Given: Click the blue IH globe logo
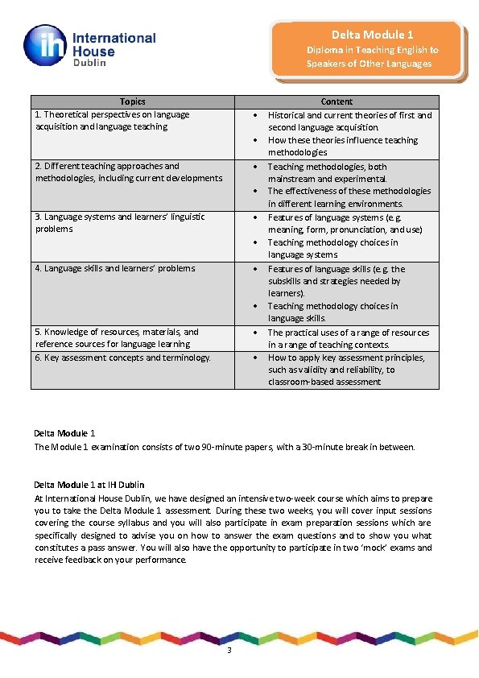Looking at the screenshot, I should click(x=46, y=45).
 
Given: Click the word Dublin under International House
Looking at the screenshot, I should click(x=90, y=64).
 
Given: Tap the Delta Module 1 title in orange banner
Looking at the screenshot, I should click(x=372, y=35).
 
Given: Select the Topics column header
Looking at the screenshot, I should click(x=133, y=101).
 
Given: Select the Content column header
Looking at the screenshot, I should click(x=337, y=101).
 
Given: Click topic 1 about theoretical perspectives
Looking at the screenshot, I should click(x=112, y=121).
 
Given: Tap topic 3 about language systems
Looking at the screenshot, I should click(x=120, y=222).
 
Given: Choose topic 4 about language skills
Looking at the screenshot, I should click(x=115, y=268).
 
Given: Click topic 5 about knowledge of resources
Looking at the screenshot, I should click(x=117, y=337).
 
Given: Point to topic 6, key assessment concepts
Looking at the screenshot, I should click(x=123, y=358).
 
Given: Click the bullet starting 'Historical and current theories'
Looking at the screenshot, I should click(x=349, y=121).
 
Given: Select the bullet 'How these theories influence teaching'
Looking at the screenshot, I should click(x=343, y=146).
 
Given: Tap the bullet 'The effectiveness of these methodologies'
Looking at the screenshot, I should click(x=349, y=197).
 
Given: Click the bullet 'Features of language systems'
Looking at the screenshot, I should click(x=345, y=223).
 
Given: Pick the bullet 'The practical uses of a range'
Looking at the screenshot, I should click(x=349, y=338).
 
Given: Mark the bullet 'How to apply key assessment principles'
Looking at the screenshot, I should click(x=346, y=370).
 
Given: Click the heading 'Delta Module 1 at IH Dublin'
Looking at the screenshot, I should click(x=89, y=485).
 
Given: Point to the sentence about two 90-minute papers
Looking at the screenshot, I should click(x=225, y=446).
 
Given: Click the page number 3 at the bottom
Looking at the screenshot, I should click(x=229, y=651).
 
